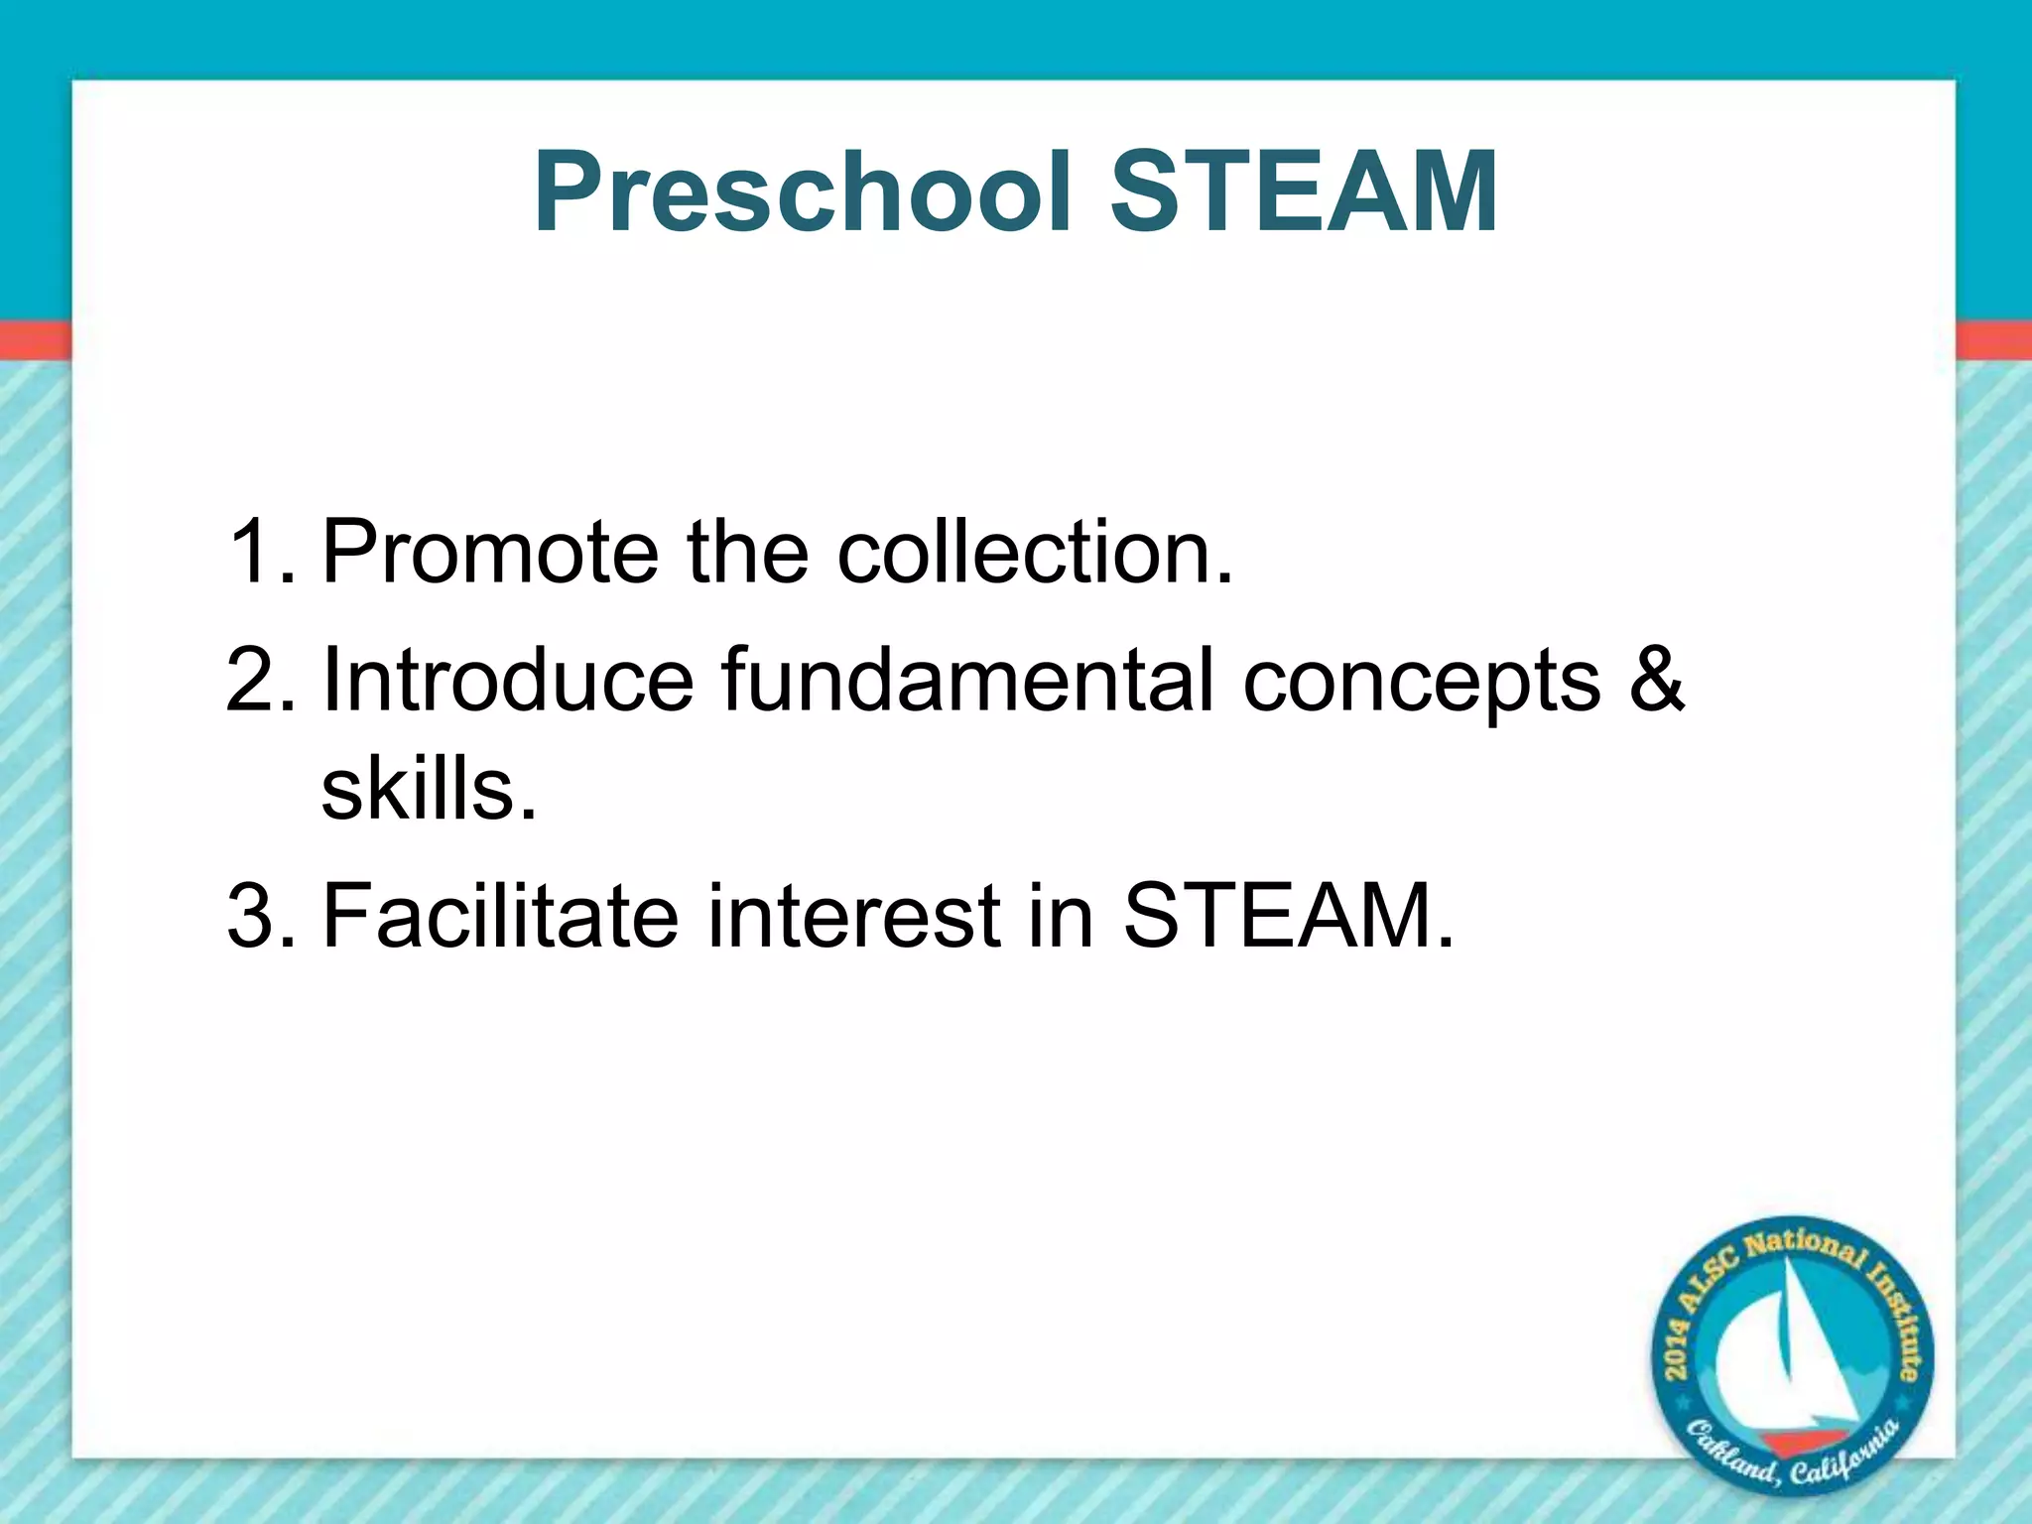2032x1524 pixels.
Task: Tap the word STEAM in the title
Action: tap(1303, 192)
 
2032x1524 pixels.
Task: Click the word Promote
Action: tap(490, 553)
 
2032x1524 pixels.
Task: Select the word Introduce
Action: tap(508, 681)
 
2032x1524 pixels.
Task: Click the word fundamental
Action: tap(967, 681)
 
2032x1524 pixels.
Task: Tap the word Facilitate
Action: tap(500, 916)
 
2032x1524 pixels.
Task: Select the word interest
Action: tap(853, 916)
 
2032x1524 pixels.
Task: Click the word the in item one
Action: tap(747, 553)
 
